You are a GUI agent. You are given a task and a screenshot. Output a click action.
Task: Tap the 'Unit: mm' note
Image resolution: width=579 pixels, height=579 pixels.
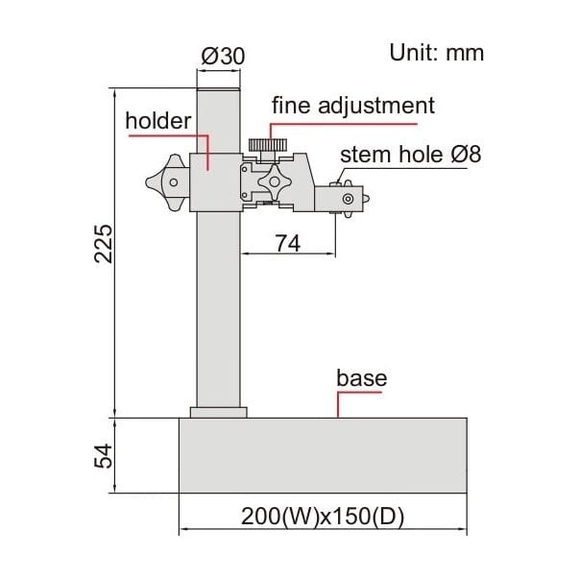click(437, 52)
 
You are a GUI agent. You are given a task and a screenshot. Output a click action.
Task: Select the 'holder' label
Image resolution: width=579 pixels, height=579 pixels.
click(158, 120)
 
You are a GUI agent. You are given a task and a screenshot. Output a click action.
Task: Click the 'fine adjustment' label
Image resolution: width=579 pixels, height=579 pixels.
click(352, 105)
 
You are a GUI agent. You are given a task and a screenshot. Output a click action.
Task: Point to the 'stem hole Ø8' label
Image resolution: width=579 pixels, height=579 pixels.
click(410, 155)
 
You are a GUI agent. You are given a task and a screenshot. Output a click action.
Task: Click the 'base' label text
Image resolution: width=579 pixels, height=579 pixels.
click(361, 377)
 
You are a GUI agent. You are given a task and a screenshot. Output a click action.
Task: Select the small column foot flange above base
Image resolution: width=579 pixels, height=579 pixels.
click(219, 412)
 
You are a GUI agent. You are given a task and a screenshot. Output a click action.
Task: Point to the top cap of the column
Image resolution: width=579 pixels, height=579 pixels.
click(219, 89)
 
